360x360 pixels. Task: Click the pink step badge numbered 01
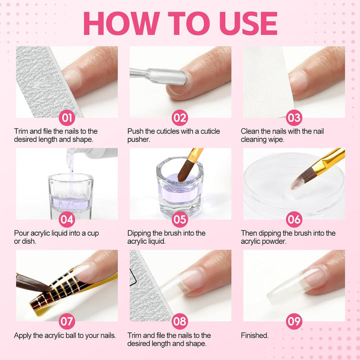tap(67, 117)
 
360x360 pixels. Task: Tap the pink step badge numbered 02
tap(179, 117)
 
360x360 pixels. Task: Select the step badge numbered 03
tap(294, 117)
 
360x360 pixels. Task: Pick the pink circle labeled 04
tap(67, 219)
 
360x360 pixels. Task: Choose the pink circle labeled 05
tap(179, 219)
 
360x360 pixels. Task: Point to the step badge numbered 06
tap(294, 219)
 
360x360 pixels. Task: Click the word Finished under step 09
tap(254, 335)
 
